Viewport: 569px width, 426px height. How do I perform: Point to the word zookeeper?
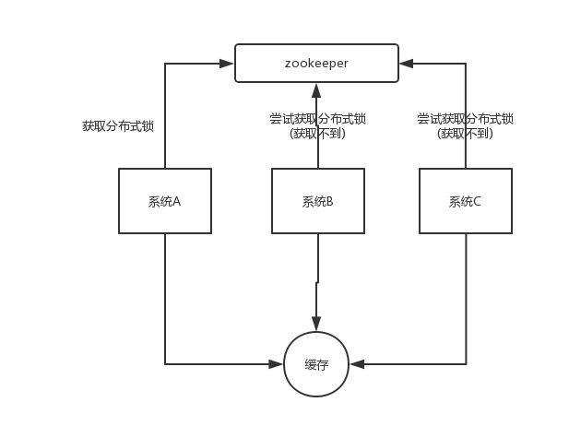tap(316, 64)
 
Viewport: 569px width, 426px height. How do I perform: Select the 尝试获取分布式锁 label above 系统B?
tap(317, 119)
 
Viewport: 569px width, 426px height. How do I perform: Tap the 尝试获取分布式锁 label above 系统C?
tap(465, 119)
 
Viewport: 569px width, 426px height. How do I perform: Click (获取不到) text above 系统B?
tap(317, 134)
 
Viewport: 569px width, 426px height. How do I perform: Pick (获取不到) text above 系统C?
tap(465, 134)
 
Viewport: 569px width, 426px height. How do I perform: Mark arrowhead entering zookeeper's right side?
tap(406, 64)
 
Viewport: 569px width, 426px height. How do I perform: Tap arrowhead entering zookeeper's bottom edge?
tap(316, 89)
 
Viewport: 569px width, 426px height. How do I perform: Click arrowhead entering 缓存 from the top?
tap(316, 324)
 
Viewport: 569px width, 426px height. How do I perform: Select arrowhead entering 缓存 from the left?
tap(276, 364)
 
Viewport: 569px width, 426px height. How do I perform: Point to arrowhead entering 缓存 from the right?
tap(357, 364)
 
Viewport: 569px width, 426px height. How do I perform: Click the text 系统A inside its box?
tap(165, 202)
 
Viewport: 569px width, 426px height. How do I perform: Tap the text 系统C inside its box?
tap(465, 202)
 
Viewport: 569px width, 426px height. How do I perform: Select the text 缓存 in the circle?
tap(316, 365)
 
